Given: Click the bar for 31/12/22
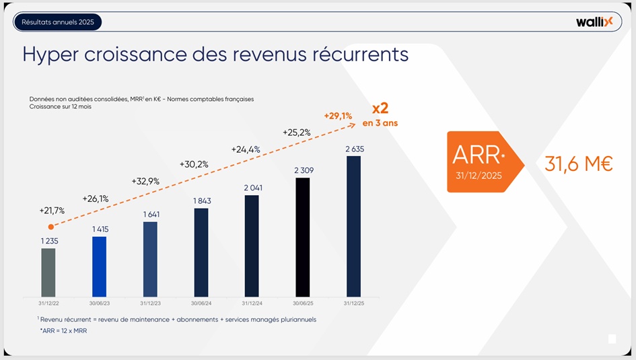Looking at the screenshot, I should (48, 273).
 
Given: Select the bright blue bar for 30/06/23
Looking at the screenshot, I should (99, 266).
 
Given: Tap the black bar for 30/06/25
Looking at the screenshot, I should (303, 237).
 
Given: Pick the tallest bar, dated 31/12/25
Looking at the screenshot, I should (353, 226).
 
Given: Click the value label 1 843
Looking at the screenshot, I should (201, 201).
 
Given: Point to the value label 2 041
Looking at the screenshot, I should (252, 188).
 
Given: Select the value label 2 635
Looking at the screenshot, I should (353, 149).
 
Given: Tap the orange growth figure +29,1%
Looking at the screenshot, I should (338, 116).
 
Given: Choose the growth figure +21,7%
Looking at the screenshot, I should (52, 211).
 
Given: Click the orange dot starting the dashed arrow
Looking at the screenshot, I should (50, 227).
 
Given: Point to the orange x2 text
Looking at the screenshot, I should (380, 108).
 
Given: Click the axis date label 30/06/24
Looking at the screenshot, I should (201, 302).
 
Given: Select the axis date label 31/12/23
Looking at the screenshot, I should (150, 302).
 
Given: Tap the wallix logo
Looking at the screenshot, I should (594, 22).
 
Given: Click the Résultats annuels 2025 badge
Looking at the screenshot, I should (58, 22).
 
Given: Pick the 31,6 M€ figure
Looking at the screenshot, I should (578, 164).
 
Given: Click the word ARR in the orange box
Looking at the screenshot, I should (476, 154).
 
